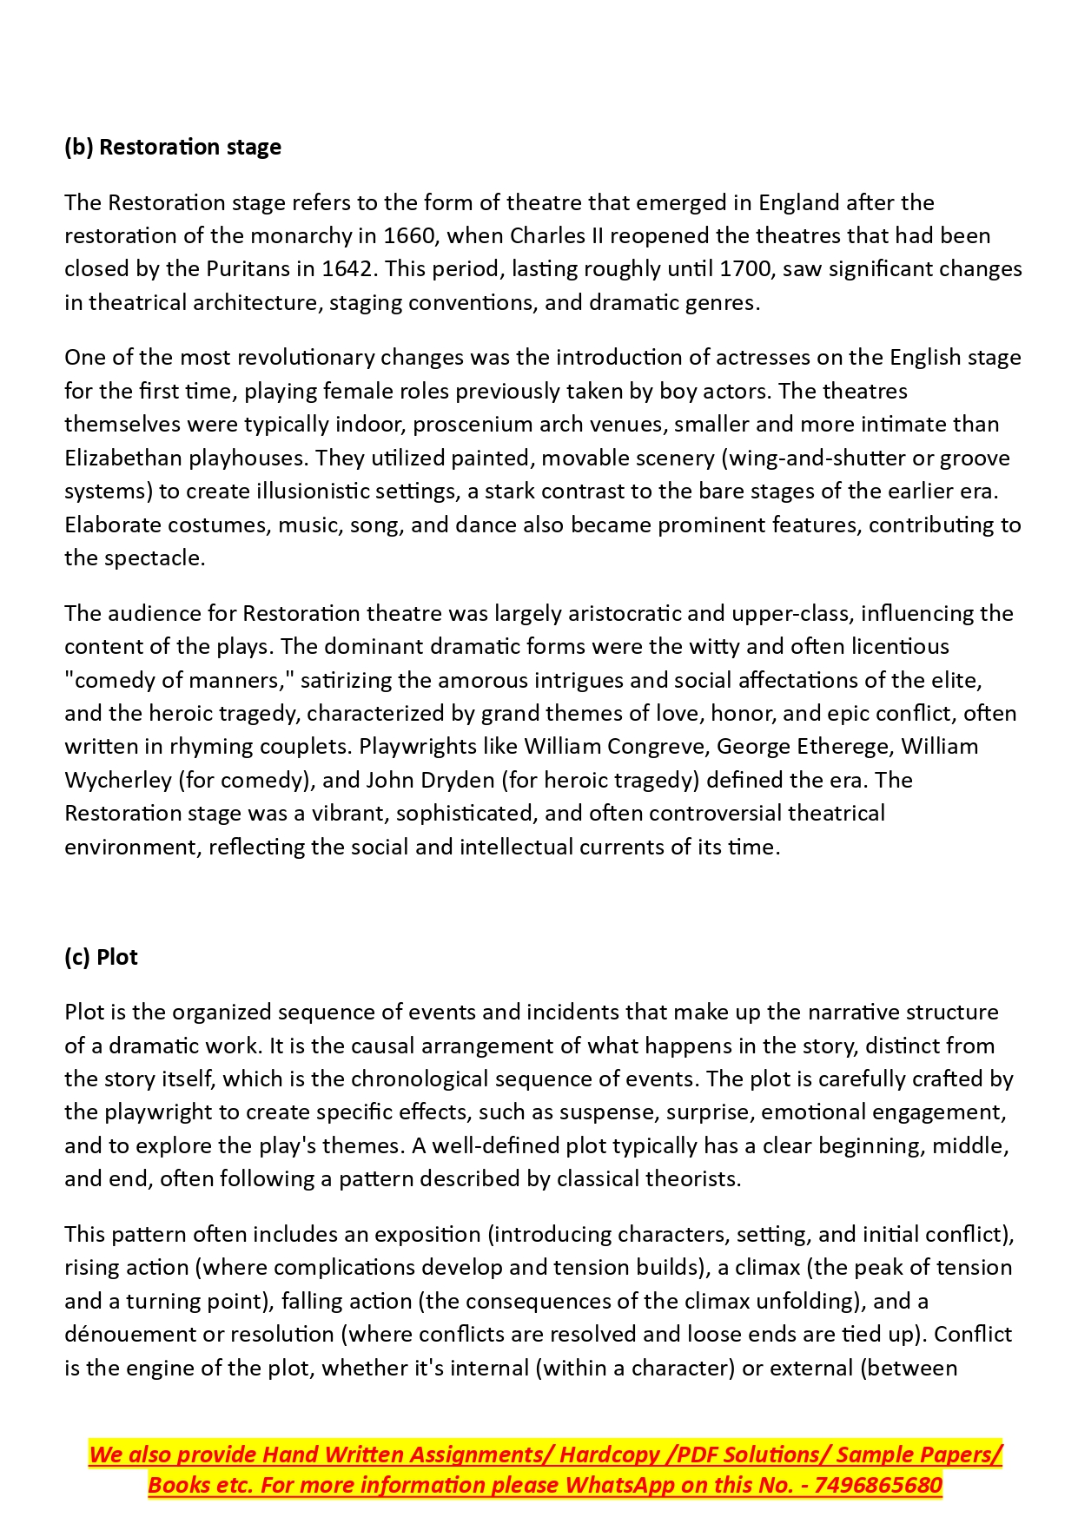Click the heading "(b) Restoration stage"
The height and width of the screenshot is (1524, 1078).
173,147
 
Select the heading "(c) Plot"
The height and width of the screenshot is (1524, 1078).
101,957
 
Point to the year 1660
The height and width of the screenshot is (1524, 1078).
408,236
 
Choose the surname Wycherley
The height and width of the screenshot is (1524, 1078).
118,781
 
